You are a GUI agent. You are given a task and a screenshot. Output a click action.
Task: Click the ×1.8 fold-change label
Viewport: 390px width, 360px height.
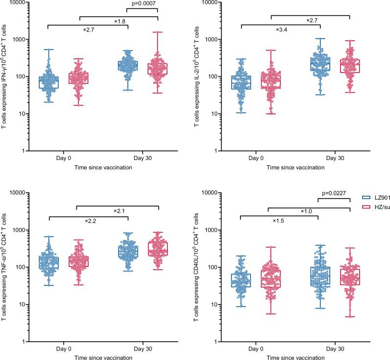120,21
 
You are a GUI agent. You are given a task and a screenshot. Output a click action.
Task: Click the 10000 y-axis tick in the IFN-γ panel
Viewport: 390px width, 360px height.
19,2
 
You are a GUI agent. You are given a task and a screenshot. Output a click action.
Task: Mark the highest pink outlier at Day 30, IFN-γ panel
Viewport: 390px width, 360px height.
157,32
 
